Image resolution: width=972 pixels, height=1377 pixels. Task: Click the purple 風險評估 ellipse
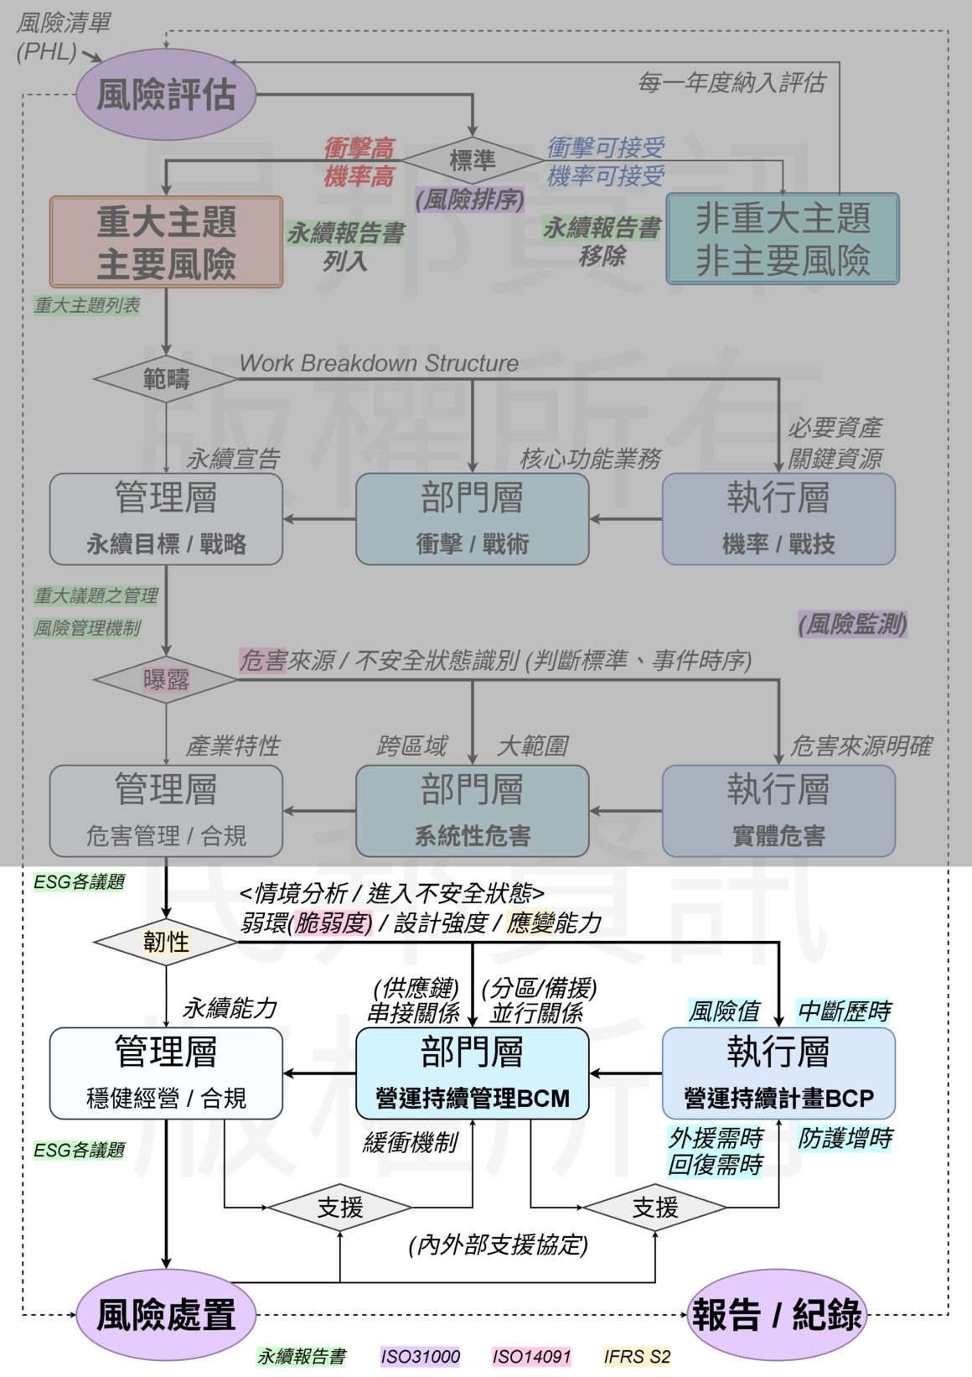166,94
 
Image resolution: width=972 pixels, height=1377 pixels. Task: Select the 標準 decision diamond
473,160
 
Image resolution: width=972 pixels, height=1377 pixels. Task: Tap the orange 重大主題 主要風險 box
166,242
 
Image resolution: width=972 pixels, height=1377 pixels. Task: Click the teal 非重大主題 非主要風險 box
782,239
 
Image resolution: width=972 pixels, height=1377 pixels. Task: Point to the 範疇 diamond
166,379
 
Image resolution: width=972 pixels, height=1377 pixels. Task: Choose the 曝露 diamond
166,679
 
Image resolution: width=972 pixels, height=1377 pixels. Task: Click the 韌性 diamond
166,942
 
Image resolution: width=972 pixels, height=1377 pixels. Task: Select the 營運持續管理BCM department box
473,1073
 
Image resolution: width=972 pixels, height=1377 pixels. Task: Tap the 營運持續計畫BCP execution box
778,1073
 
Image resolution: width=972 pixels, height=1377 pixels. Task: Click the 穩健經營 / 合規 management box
166,1073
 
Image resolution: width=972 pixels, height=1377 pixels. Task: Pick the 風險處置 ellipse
166,1314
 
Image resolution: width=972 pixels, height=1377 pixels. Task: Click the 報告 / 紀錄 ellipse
776,1314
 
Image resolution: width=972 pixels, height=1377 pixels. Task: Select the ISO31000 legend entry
421,1356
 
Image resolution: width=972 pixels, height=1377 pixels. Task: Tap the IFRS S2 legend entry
637,1356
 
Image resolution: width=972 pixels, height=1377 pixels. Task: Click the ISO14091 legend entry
531,1356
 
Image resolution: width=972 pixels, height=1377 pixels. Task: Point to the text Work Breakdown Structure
379,363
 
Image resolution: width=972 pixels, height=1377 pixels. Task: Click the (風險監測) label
852,624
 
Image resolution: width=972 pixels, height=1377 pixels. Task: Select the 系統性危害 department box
473,811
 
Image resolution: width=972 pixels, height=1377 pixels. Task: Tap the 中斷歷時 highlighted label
844,1011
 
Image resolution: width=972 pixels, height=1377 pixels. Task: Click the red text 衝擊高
359,149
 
